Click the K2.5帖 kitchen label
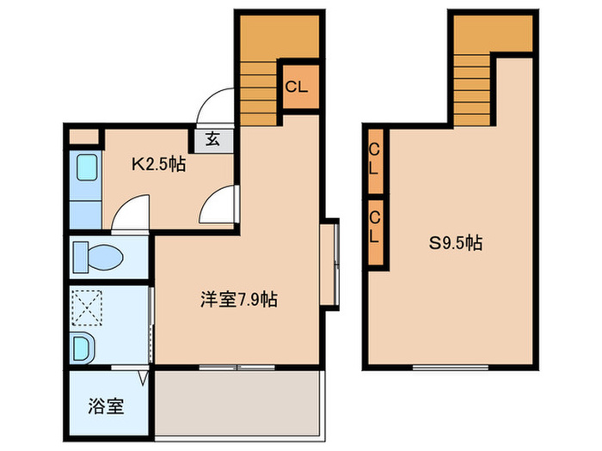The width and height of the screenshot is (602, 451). (158, 163)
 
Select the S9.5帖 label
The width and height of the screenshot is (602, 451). (456, 243)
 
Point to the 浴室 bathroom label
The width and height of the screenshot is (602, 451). (107, 405)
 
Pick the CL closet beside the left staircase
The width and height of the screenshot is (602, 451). (297, 87)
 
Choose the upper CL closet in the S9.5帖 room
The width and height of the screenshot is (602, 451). (375, 159)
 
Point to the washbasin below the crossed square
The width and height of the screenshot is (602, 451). (83, 349)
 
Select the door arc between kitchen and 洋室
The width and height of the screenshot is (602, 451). (218, 205)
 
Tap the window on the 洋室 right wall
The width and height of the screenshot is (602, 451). (329, 263)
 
